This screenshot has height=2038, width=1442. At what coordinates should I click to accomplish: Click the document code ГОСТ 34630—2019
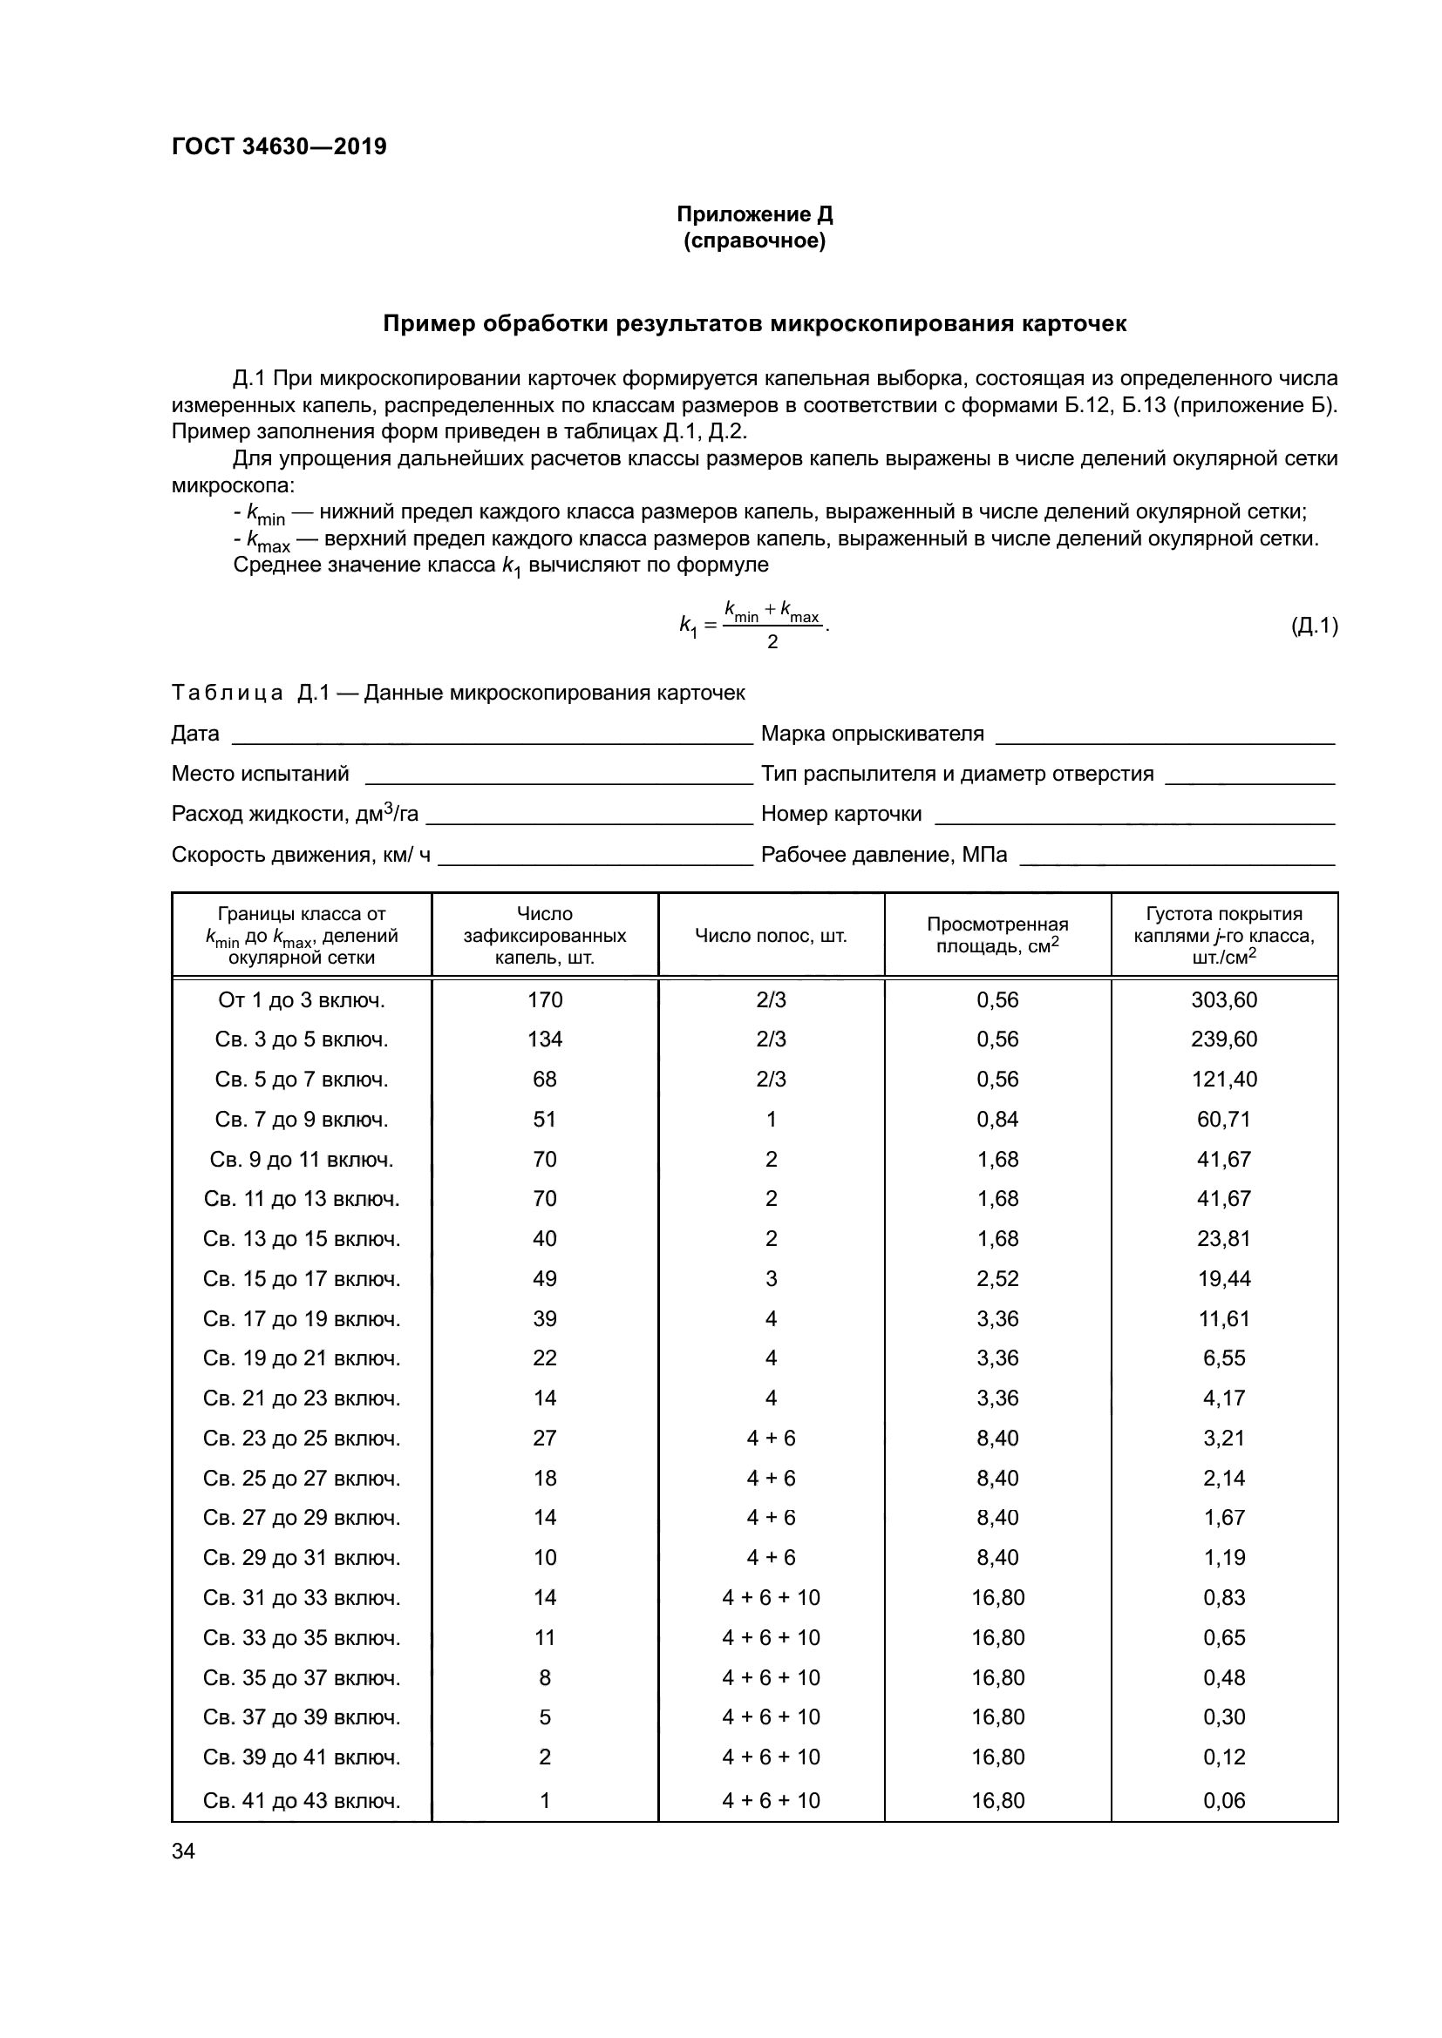279,146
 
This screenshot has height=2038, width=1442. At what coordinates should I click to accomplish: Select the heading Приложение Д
754,214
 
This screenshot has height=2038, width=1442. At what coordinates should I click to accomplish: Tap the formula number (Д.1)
1313,626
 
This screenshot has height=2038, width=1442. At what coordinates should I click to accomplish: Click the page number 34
183,1851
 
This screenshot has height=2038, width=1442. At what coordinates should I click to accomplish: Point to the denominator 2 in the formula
772,642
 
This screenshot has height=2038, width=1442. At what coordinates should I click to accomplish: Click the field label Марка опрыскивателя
872,733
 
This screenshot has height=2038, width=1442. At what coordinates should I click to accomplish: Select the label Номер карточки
840,813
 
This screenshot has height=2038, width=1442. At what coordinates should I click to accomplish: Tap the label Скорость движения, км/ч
301,854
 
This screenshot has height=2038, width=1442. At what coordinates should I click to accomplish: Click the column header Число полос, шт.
771,936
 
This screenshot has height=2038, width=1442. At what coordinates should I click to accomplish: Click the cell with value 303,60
1223,999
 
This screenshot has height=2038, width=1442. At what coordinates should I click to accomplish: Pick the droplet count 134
544,1039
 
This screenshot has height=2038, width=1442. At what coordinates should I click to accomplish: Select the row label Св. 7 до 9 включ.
301,1120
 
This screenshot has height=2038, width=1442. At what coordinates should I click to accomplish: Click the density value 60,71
1223,1120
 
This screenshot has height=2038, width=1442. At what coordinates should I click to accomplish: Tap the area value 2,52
997,1278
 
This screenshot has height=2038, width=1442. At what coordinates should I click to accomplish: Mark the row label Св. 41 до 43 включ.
301,1800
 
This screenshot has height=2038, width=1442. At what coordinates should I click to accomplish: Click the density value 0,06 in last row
1223,1800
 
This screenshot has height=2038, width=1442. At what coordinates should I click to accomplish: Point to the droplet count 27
544,1438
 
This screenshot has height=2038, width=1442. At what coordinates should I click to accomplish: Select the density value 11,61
1223,1318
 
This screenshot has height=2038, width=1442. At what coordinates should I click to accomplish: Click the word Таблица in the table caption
227,693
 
